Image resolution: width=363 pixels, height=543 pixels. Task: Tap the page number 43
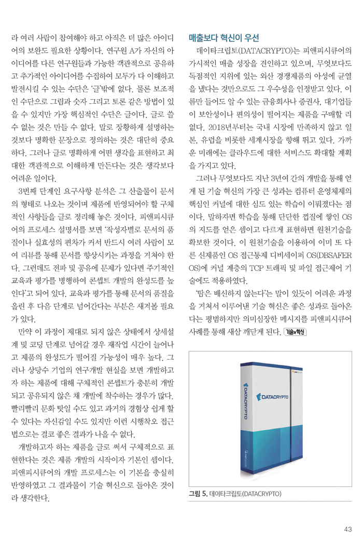coord(347,529)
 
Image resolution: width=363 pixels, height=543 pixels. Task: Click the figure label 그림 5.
coord(198,494)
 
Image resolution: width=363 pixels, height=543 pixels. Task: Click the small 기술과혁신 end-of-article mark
coord(296,331)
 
